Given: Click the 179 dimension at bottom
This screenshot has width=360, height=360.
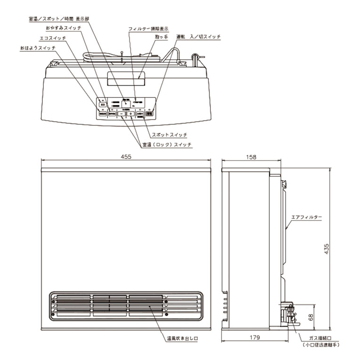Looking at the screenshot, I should tap(255, 337).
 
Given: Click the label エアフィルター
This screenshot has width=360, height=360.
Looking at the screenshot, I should tap(306, 216).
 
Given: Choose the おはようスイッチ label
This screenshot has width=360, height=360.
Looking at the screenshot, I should tap(37, 48).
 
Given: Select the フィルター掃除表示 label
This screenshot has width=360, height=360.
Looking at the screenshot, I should tap(149, 29).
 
